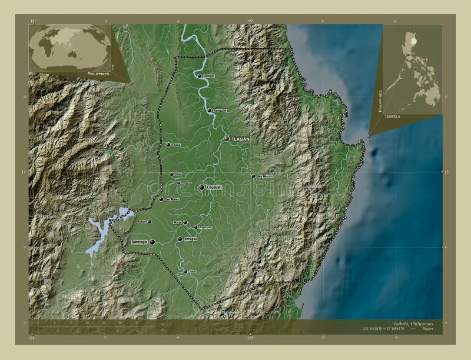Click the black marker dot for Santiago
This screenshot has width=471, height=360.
click(x=152, y=241)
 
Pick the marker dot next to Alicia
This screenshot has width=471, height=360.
click(x=185, y=222)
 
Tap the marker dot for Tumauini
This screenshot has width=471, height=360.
click(x=209, y=110)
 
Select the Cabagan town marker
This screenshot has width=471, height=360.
click(x=199, y=75)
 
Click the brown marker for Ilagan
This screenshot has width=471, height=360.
click(x=227, y=139)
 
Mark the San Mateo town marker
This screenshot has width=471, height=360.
click(x=161, y=199)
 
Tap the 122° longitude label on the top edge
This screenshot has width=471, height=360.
click(x=250, y=21)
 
